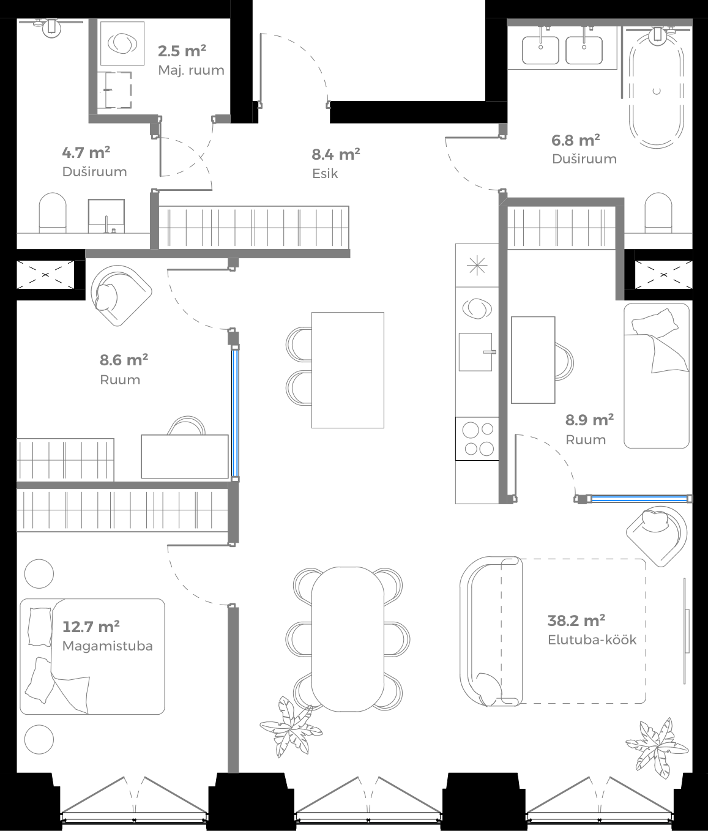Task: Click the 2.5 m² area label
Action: click(x=182, y=51)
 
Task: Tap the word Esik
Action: click(x=325, y=173)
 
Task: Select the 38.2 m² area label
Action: click(x=576, y=620)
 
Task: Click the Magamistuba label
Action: click(x=108, y=646)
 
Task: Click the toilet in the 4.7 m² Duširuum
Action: click(x=53, y=212)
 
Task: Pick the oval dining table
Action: click(x=348, y=638)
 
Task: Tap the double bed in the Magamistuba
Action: click(x=92, y=656)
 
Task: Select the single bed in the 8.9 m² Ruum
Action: click(x=657, y=376)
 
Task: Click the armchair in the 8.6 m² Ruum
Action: click(x=118, y=295)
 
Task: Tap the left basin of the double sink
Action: click(x=540, y=50)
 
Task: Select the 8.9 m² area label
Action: click(x=589, y=420)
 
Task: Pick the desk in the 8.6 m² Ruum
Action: click(x=185, y=456)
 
